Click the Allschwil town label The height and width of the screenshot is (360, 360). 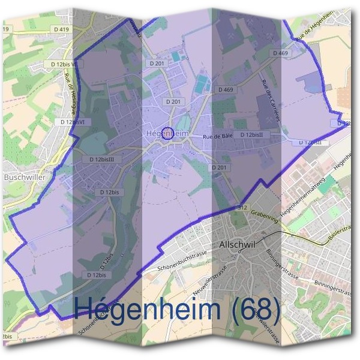click(x=238, y=246)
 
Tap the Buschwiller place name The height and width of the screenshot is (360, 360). click(x=22, y=178)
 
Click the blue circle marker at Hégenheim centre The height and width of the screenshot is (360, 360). click(x=169, y=134)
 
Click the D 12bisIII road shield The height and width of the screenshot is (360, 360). click(x=106, y=160)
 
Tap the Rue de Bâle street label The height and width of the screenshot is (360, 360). click(x=217, y=137)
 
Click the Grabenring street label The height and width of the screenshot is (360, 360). click(x=265, y=214)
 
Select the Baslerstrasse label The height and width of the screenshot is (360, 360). click(x=339, y=235)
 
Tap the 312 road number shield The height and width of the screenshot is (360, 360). click(x=241, y=207)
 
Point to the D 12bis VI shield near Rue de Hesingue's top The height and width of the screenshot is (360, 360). click(x=63, y=64)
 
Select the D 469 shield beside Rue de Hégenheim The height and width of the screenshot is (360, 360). click(x=280, y=53)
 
